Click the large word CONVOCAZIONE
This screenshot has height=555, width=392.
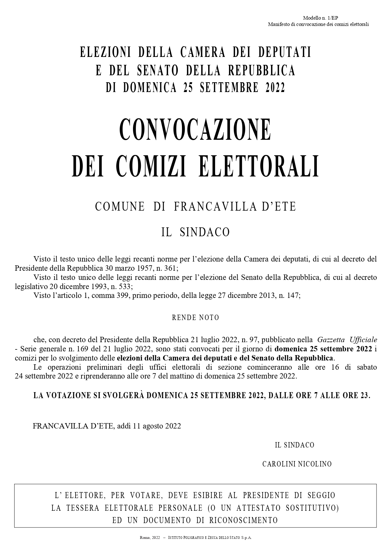(x=196, y=130)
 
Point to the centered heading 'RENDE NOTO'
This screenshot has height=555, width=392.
(x=196, y=318)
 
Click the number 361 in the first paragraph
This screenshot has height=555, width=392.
(x=170, y=268)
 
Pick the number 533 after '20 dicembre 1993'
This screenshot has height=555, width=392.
(x=125, y=287)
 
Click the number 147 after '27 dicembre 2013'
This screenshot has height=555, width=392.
(x=292, y=296)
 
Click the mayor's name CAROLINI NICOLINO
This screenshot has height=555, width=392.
(x=297, y=464)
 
